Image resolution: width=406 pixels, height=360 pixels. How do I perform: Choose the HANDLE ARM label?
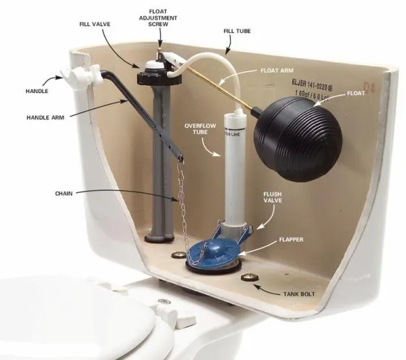coord(44,118)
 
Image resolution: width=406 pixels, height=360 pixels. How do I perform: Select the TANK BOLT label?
coord(299,294)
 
